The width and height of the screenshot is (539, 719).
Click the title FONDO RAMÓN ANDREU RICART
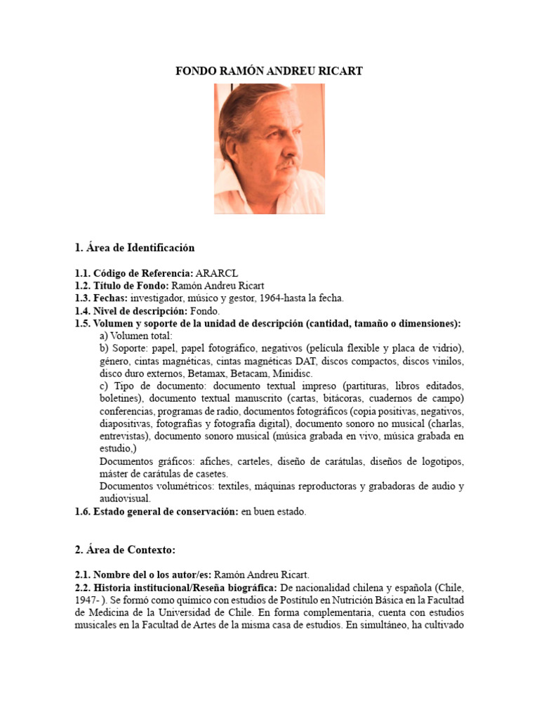[x=269, y=72]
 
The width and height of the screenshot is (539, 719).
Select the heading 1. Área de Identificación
[x=135, y=248]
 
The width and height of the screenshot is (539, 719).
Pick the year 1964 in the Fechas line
[x=270, y=298]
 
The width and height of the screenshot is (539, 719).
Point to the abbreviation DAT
[x=328, y=361]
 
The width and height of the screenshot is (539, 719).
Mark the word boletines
[x=121, y=399]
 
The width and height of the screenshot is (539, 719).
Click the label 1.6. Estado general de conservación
[x=156, y=512]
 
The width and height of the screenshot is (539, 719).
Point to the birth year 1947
[x=87, y=600]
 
